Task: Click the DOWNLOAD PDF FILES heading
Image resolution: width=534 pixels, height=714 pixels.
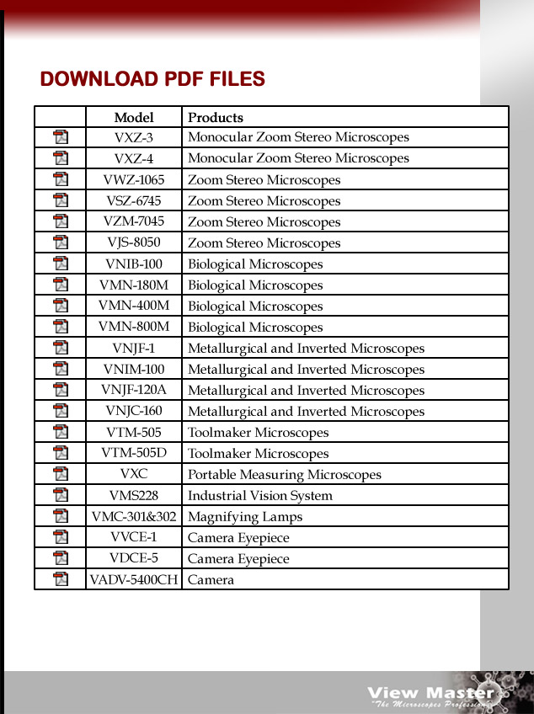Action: point(152,80)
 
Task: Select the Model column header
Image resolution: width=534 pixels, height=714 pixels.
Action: point(134,117)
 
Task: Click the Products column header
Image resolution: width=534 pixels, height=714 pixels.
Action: point(216,117)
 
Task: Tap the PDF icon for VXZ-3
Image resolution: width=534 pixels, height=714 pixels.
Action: point(61,137)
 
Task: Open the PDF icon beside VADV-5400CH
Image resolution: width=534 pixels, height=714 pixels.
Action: point(61,579)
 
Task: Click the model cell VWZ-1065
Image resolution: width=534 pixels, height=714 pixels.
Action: point(134,179)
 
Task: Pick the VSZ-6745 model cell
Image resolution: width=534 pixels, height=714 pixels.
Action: point(134,200)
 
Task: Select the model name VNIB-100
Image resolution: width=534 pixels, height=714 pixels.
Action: point(134,264)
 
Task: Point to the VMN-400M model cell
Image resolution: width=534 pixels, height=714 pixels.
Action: point(134,306)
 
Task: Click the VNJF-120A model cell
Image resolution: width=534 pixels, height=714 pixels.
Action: point(134,390)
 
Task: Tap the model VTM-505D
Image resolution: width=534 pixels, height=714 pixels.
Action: point(134,453)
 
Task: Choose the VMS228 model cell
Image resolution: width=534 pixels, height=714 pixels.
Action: point(134,495)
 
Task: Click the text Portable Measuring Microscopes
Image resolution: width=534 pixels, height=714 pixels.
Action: point(284,474)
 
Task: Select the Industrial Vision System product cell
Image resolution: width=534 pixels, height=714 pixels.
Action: point(259,495)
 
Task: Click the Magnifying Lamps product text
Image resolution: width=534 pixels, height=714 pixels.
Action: point(244,516)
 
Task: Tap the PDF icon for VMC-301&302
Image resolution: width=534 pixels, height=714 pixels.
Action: point(61,516)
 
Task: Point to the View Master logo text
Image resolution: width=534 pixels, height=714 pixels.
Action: point(430,693)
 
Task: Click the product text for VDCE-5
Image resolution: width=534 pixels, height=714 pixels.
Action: point(238,558)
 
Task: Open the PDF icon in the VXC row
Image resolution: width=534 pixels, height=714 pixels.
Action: point(61,474)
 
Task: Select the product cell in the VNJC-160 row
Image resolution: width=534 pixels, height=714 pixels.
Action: point(306,411)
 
